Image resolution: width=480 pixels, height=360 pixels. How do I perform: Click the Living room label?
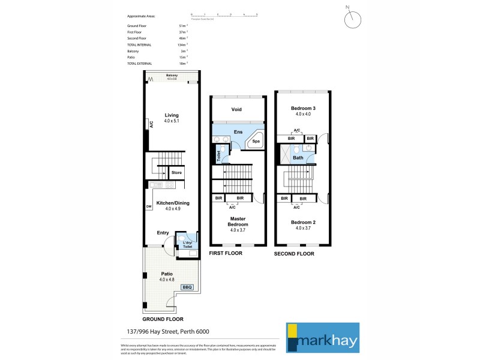172,115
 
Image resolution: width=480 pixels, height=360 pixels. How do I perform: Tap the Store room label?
176,173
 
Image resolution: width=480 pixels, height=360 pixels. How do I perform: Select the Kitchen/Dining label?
172,203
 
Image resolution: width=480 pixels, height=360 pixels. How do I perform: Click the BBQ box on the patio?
188,287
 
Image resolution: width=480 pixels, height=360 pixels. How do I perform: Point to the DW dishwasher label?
148,208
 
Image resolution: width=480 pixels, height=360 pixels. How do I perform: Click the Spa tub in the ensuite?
256,141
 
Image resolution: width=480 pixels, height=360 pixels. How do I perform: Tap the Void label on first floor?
238,109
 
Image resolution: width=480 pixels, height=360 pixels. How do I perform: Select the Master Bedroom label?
238,221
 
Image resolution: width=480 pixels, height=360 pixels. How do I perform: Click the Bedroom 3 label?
303,109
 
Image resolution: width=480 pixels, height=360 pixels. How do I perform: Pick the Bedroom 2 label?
303,221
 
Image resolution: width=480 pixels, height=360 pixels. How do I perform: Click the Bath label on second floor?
298,158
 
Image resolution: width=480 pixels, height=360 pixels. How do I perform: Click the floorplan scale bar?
224,14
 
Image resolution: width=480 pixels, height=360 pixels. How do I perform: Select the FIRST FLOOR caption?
225,254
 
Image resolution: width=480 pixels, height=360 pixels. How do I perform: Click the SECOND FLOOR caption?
294,254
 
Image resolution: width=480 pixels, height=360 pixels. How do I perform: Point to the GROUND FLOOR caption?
163,319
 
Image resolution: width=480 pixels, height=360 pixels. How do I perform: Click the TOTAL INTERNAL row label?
139,44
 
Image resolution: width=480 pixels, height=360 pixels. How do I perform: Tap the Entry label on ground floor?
163,232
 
